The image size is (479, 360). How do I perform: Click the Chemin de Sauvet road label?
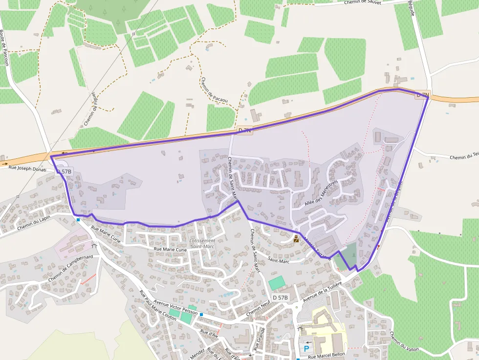coord(363,2)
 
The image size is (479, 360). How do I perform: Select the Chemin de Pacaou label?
coord(214,90)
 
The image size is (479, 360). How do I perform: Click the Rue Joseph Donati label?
coord(27,169)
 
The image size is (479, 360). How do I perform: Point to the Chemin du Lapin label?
coord(34,222)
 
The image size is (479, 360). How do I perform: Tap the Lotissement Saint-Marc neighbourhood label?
coord(202,243)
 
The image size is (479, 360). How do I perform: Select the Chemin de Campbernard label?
coord(70,268)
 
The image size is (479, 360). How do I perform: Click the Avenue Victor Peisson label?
coord(175,306)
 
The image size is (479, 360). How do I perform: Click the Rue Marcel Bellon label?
coord(327,355)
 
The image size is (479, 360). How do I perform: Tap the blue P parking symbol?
coord(306,349)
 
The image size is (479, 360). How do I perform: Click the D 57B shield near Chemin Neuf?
coord(281,297)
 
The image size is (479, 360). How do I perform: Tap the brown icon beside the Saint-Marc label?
coord(296,239)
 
